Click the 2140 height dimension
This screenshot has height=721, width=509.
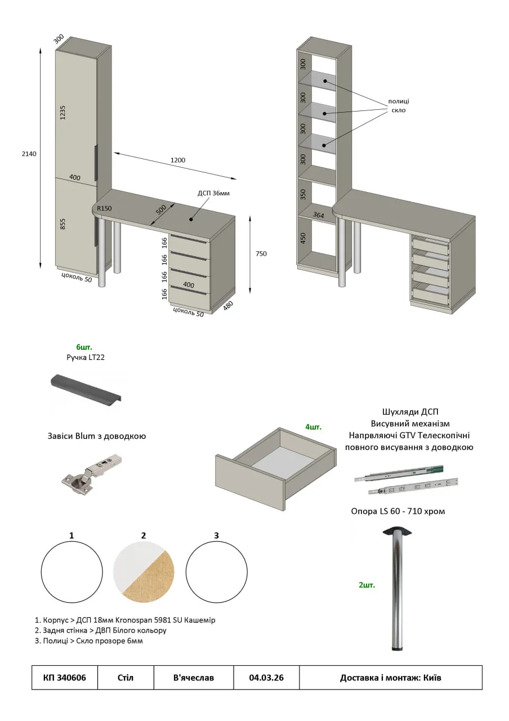tap(29, 154)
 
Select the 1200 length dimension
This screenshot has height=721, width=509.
tap(178, 160)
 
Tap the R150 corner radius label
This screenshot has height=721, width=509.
tap(104, 208)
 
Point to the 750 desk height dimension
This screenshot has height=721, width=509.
tap(261, 253)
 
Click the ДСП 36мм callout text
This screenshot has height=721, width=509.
tap(213, 193)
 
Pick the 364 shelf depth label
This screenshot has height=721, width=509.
tap(319, 215)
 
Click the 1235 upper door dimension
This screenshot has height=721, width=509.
tap(63, 112)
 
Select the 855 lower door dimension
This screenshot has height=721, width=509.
tap(63, 224)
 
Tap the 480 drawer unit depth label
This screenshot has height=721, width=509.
tap(228, 305)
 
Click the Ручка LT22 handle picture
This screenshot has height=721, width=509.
tap(85, 389)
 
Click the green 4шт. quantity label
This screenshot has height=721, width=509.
tap(313, 427)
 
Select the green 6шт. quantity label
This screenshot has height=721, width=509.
tap(84, 346)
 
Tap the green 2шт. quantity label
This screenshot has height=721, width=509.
tap(367, 585)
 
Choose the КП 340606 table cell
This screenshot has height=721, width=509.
tap(65, 678)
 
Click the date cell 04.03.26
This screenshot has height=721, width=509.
tap(266, 678)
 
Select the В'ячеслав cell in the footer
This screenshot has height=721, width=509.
tap(194, 678)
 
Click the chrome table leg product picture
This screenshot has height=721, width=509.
tap(398, 589)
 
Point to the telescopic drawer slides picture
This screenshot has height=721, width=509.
tap(405, 480)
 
